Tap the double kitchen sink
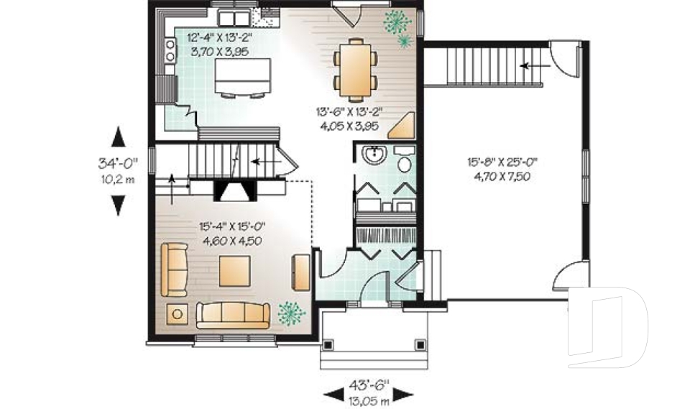234,18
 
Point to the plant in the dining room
397,26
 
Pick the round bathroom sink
374,154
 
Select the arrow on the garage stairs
533,66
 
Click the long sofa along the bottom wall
233,314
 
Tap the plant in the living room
290,311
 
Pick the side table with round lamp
177,313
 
